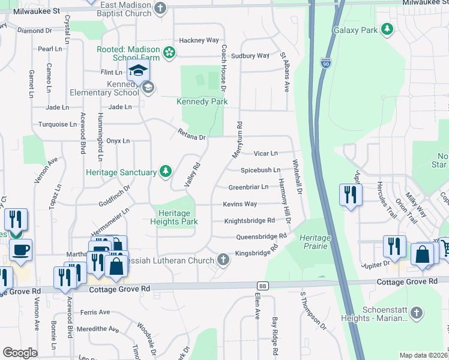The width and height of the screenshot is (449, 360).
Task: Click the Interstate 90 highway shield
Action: (x=324, y=62)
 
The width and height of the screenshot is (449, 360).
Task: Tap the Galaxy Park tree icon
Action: (x=388, y=28)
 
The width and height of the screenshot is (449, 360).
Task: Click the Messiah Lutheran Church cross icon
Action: (x=223, y=260)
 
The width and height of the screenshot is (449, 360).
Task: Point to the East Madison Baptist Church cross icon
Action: (x=160, y=8)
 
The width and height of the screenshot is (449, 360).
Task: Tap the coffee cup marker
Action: (x=20, y=250)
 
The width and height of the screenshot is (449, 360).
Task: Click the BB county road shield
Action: (x=262, y=286)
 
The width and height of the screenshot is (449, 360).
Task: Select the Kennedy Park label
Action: (x=202, y=101)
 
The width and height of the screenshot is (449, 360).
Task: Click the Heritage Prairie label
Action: (x=315, y=242)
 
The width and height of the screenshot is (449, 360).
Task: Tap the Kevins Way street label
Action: (x=240, y=205)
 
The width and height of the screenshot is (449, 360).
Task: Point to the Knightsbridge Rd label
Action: (x=249, y=221)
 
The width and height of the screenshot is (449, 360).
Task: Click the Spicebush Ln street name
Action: (x=261, y=170)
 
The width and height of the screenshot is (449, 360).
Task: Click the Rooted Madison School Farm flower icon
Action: (x=170, y=53)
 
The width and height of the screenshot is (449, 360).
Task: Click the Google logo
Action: (x=20, y=353)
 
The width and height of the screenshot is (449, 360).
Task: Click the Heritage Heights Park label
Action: (x=173, y=217)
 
